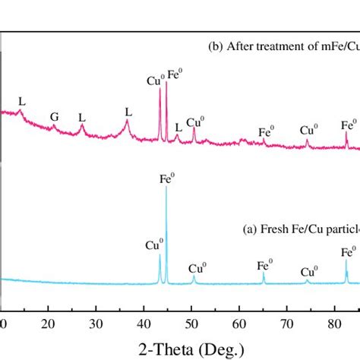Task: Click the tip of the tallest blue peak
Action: (x=166, y=188)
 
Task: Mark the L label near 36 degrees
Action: (x=128, y=112)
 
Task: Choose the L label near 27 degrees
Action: (x=82, y=117)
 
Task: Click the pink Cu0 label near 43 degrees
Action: (x=155, y=80)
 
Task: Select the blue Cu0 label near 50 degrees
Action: (x=197, y=268)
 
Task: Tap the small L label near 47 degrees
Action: (x=178, y=127)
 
